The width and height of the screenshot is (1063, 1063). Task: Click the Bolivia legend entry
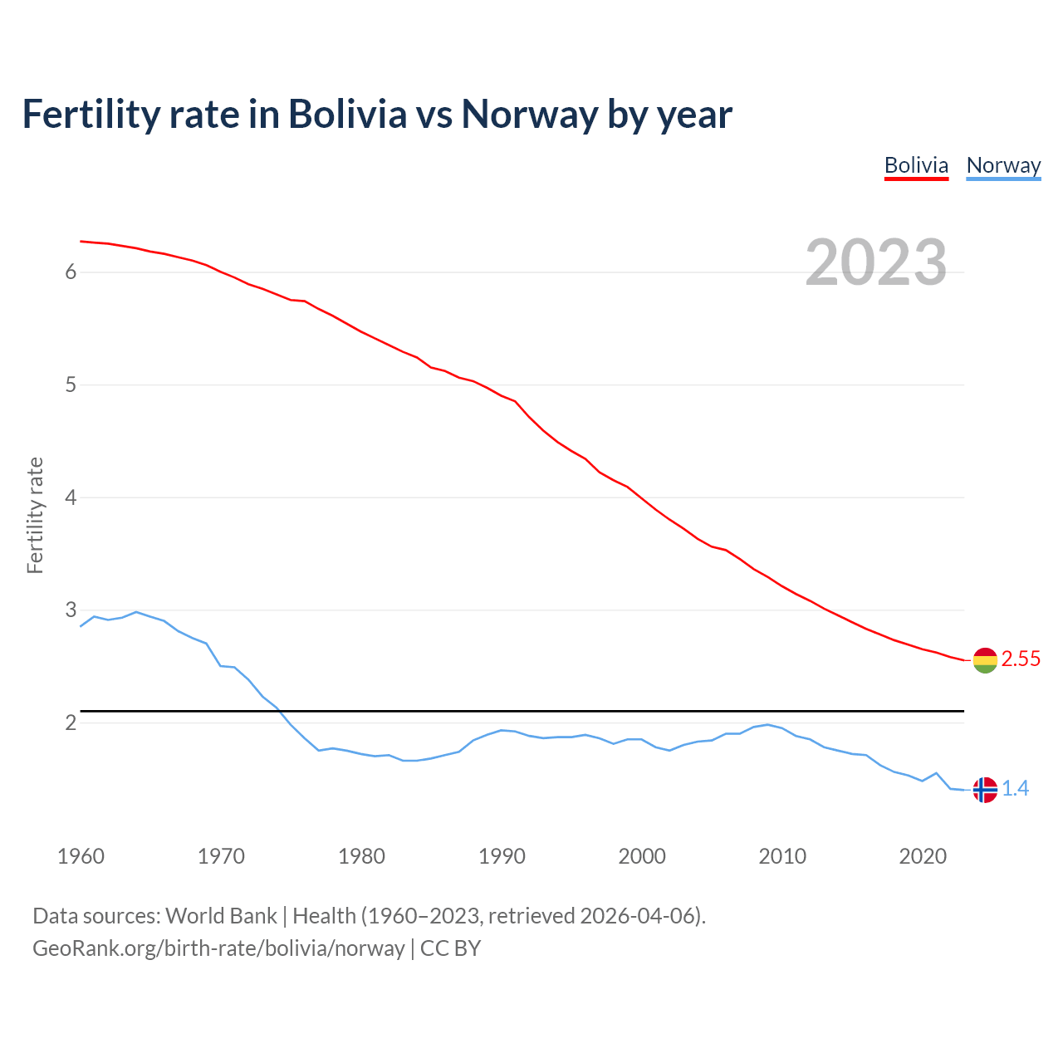[x=916, y=165]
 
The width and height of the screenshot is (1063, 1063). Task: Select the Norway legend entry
[x=1003, y=165]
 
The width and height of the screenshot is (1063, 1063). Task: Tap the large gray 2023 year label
[x=876, y=262]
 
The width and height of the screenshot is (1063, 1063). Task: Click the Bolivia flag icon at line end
[x=985, y=660]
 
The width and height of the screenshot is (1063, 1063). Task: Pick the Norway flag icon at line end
[x=985, y=789]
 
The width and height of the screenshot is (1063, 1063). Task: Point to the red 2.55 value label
[x=1021, y=659]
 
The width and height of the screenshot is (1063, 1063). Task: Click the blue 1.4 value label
[x=1015, y=789]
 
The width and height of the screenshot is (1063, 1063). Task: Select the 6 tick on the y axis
[x=71, y=272]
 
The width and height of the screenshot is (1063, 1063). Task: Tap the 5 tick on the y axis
[x=71, y=385]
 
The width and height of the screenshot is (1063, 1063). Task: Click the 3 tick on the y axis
[x=71, y=610]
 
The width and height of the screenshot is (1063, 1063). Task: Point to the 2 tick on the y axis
[x=71, y=723]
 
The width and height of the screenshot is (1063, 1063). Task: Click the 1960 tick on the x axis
[x=81, y=856]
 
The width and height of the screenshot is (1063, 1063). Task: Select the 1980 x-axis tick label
[x=361, y=856]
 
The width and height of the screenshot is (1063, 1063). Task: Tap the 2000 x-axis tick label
[x=642, y=856]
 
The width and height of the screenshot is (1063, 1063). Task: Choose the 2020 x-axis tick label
[x=923, y=856]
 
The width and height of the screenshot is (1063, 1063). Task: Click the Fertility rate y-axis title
[x=35, y=515]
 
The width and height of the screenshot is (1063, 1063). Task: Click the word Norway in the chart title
[x=529, y=115]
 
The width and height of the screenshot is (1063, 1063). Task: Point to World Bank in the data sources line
[x=221, y=916]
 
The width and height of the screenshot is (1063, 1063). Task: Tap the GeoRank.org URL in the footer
[x=218, y=948]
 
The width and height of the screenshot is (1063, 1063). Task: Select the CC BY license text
[x=450, y=948]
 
